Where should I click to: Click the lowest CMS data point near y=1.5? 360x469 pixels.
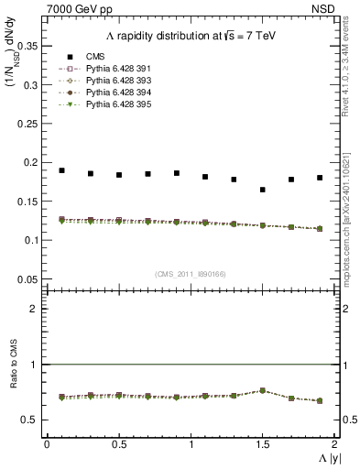[263, 190]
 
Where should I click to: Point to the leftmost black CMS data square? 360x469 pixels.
[62, 170]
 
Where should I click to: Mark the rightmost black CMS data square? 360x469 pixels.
[321, 178]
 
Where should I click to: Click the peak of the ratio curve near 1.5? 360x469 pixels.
[263, 390]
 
